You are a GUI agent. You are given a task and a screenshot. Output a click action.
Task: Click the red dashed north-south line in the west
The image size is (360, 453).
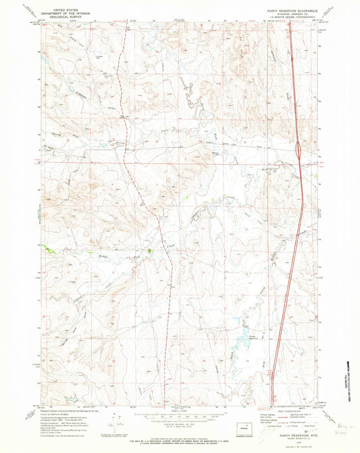tap(122, 101)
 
